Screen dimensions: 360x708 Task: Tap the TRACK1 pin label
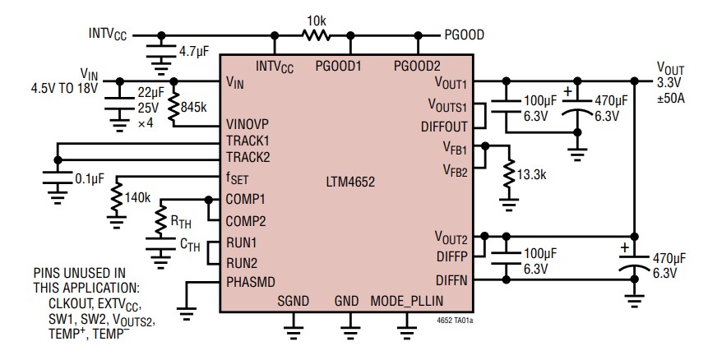248,141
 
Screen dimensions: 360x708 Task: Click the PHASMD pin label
251,280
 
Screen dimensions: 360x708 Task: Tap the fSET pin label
238,178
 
